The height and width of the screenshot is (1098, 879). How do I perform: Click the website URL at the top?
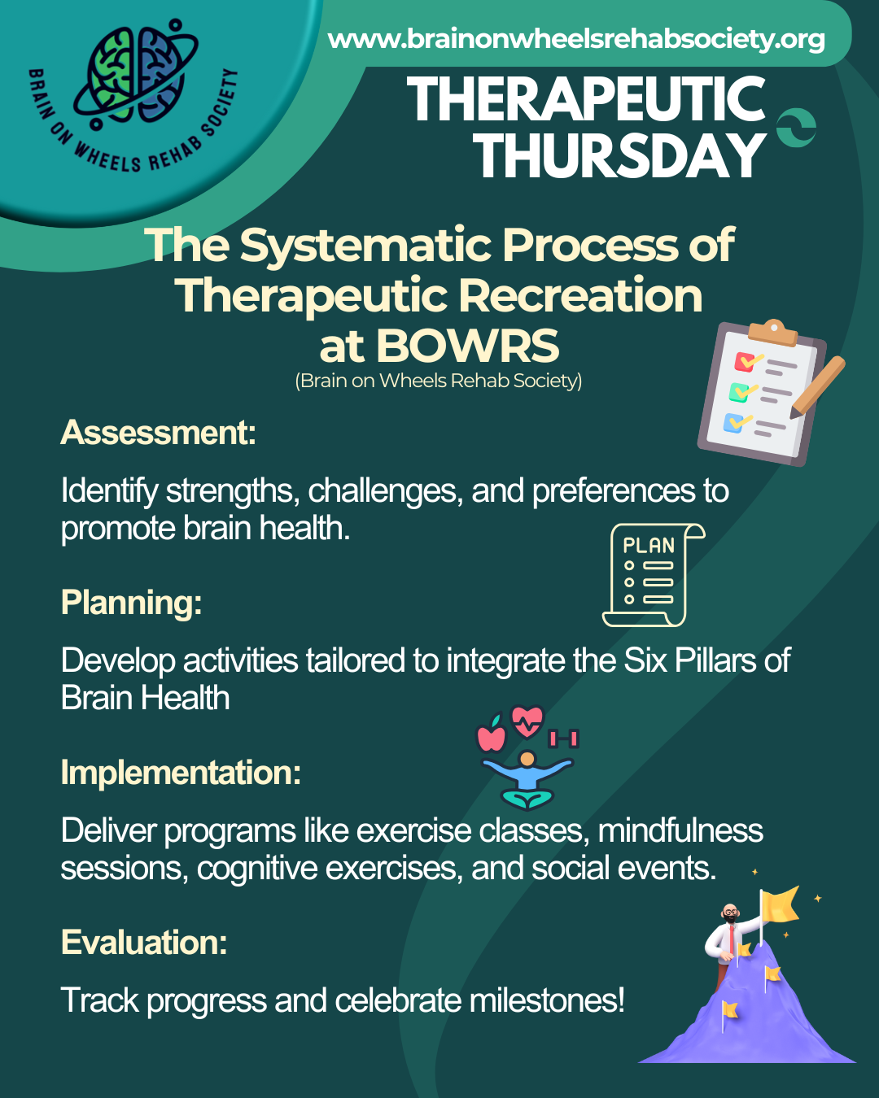coord(576,39)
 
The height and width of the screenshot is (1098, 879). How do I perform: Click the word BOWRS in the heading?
coord(468,346)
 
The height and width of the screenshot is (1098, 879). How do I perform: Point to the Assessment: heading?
coord(159,433)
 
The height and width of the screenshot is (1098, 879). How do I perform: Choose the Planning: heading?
coord(132,603)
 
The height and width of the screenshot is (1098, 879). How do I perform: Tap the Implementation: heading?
coord(181,773)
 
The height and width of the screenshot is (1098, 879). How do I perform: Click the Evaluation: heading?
coord(144,942)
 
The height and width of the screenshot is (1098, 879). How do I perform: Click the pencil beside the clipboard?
coord(818,387)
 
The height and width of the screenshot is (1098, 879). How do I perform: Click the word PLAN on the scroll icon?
coord(649,546)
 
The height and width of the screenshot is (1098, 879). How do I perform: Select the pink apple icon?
coord(492,734)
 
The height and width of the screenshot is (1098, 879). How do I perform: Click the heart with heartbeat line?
coord(527,721)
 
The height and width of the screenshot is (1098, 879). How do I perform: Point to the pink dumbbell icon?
coord(563,739)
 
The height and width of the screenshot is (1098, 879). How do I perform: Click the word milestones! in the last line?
coord(547,1000)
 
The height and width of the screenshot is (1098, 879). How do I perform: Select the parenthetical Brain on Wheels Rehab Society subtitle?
coord(439,381)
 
